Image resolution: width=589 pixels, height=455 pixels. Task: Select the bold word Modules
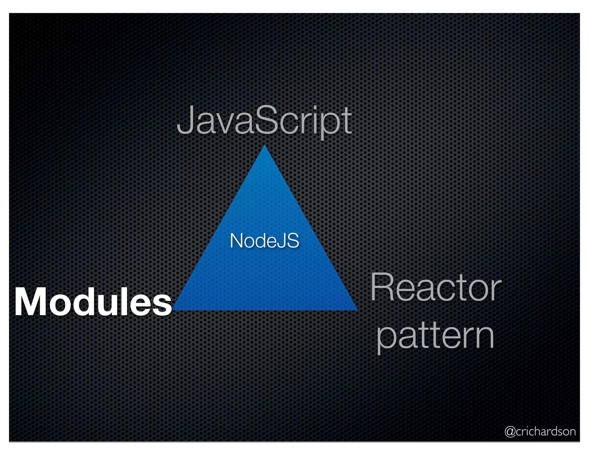tap(93, 302)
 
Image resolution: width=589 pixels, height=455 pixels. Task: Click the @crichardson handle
tap(540, 431)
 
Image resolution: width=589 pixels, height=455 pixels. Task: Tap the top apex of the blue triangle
tap(265, 146)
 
